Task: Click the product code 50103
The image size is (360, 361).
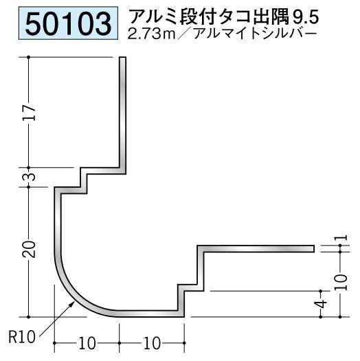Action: (68, 23)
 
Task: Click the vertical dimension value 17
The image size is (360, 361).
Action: (30, 113)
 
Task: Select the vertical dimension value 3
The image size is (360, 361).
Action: (30, 177)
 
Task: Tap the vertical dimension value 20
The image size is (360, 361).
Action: (30, 250)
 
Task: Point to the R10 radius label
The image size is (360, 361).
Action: (22, 338)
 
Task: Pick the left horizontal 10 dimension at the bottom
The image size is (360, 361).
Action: (87, 343)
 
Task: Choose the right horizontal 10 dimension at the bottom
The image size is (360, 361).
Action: (152, 343)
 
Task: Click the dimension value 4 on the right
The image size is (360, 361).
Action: (322, 304)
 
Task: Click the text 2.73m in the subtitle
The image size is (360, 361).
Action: (151, 34)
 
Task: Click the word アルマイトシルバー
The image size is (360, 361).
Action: (255, 34)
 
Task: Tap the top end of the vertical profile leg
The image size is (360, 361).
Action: (122, 57)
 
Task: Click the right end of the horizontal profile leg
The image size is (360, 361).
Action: (313, 249)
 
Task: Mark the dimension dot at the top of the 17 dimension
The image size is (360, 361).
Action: (29, 57)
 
